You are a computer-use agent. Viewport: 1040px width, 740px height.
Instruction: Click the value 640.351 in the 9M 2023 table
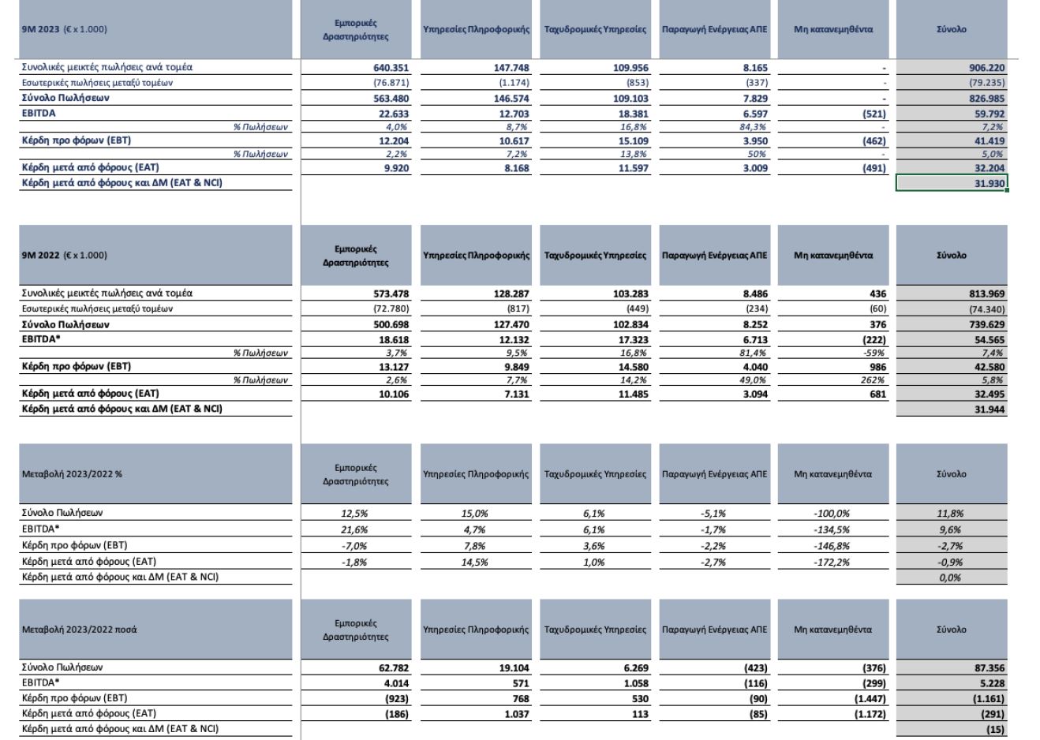pyautogui.click(x=391, y=68)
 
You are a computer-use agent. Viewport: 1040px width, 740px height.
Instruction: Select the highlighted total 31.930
pyautogui.click(x=988, y=184)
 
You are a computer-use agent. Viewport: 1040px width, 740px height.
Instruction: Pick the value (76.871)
pyautogui.click(x=391, y=83)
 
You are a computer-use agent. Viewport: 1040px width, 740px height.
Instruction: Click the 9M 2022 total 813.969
pyautogui.click(x=987, y=294)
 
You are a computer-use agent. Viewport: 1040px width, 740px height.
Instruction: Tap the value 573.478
pyautogui.click(x=391, y=294)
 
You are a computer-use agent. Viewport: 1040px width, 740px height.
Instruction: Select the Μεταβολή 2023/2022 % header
pyautogui.click(x=72, y=475)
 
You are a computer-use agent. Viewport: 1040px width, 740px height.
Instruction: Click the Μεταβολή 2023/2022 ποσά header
pyautogui.click(x=76, y=630)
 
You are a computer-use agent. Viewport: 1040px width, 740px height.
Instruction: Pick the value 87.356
pyautogui.click(x=988, y=668)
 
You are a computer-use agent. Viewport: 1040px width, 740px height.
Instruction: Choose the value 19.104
pyautogui.click(x=511, y=668)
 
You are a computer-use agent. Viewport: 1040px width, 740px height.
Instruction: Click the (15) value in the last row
pyautogui.click(x=996, y=730)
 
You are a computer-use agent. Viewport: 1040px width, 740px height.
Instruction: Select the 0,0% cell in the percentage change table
pyautogui.click(x=950, y=578)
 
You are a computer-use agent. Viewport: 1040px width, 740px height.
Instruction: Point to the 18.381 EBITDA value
pyautogui.click(x=630, y=114)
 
